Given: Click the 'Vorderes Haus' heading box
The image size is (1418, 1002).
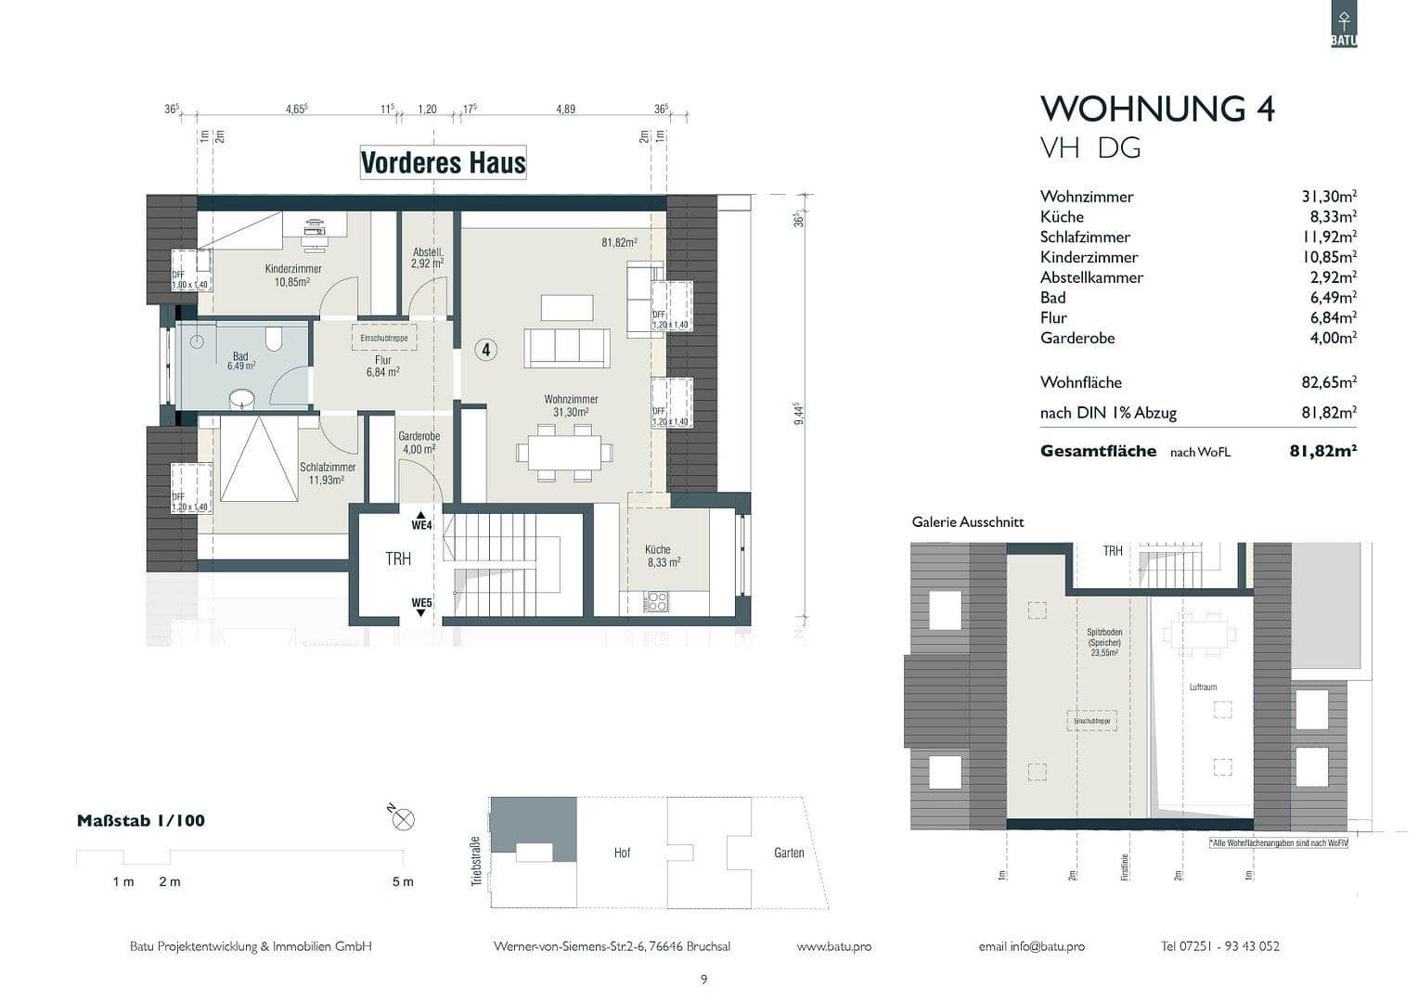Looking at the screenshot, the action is pos(443,162).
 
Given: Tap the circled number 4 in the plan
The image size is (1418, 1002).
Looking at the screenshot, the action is pos(485,350).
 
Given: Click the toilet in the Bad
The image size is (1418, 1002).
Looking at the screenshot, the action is pos(273,340).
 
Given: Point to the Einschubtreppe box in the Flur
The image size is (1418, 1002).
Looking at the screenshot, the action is pos(383,338).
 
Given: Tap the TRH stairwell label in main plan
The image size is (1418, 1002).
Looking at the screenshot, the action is pos(398,559).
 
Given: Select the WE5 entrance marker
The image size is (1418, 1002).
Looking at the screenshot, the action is pos(422,603).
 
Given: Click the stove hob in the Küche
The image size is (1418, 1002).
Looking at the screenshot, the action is pos(655,603).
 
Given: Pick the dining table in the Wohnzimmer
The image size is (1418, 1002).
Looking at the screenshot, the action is pos(564,452).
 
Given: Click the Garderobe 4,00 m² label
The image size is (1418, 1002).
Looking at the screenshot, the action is pos(419,443).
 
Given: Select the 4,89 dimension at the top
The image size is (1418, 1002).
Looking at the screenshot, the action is pos(565,109).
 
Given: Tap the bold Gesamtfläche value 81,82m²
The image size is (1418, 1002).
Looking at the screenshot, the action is pos(1322,451).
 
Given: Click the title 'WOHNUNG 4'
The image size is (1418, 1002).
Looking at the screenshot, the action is pos(1157,109).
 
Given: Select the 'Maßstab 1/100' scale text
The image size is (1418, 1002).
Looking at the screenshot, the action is pos(140,820).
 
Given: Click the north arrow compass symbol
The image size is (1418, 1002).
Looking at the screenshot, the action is pos(403,818).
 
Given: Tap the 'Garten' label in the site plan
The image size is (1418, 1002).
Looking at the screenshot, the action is pos(789,853).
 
